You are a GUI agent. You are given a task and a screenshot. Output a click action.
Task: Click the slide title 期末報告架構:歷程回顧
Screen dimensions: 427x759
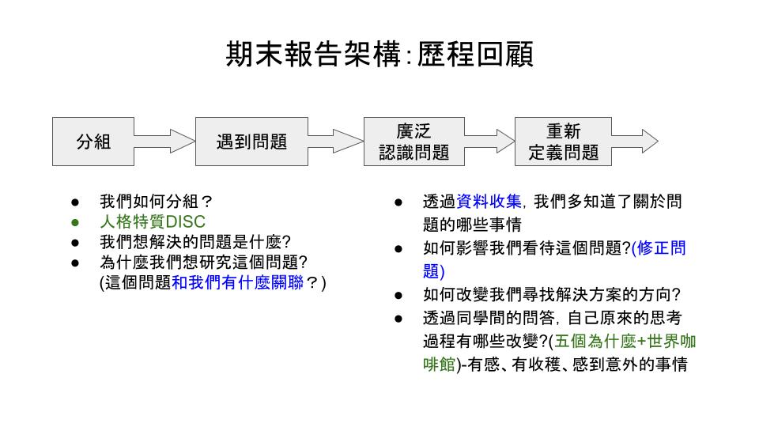[x=379, y=55]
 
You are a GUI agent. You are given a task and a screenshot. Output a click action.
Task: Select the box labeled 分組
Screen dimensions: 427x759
[x=93, y=142]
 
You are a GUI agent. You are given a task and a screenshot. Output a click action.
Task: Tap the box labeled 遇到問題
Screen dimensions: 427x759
[x=251, y=142]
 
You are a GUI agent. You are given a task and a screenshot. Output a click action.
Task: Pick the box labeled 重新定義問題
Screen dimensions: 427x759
[x=563, y=142]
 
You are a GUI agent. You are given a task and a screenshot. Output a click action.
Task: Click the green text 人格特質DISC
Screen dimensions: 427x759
[x=152, y=222]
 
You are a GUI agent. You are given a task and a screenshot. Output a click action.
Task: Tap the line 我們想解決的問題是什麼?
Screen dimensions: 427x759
[x=189, y=242]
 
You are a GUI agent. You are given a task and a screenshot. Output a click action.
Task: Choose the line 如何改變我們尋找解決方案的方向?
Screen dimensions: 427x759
[x=552, y=295]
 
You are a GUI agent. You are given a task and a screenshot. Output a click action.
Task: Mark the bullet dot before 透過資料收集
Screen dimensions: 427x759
[x=400, y=202]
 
